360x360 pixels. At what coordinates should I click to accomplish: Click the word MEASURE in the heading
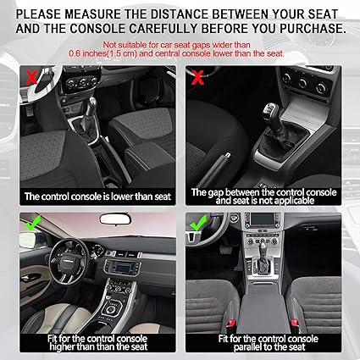[x=92, y=14]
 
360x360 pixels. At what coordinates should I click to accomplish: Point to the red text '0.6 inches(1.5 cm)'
[x=102, y=53]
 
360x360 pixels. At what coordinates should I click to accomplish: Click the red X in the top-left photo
[x=31, y=77]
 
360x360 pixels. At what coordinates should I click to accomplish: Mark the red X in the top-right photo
[x=197, y=77]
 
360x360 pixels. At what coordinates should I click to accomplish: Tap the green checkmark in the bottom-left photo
[x=33, y=223]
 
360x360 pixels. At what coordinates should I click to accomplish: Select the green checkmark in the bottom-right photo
[x=198, y=223]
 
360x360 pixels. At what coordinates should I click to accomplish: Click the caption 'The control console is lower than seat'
[x=97, y=197]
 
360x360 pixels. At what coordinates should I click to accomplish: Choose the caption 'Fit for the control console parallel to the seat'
[x=269, y=342]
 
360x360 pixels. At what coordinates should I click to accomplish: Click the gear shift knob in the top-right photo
[x=270, y=111]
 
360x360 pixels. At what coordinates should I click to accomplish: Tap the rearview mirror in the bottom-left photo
[x=115, y=219]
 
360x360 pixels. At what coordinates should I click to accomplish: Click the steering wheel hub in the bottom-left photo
[x=69, y=262]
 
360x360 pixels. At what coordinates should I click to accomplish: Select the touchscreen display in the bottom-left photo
[x=122, y=266]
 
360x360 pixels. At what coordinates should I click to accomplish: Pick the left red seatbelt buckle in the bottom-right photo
[x=230, y=324]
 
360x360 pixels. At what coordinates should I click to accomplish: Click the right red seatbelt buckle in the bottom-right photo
[x=295, y=324]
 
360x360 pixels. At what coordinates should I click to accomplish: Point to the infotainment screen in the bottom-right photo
[x=263, y=219]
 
